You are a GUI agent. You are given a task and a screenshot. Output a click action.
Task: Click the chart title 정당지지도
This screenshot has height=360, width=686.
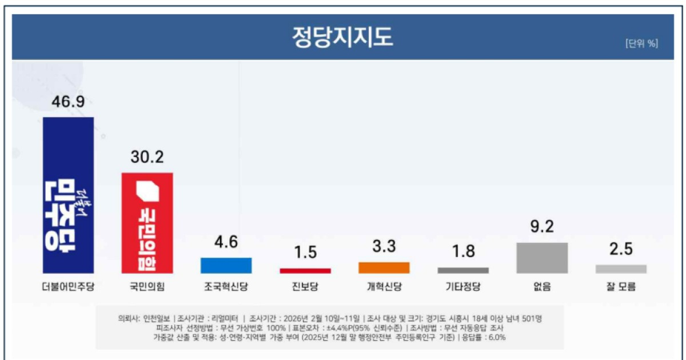point(342,38)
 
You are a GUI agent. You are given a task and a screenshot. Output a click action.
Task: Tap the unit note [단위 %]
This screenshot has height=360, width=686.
point(641,43)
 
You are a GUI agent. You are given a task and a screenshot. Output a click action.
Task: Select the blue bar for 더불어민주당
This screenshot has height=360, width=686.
point(68,195)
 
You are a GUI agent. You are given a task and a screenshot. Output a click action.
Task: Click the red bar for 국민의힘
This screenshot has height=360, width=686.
point(147,223)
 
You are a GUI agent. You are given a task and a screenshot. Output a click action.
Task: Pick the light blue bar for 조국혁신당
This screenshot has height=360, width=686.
point(226,266)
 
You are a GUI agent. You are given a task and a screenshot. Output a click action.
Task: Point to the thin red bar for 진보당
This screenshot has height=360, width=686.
point(305,270)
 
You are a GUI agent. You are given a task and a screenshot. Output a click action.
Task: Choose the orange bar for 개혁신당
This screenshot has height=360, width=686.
point(384,267)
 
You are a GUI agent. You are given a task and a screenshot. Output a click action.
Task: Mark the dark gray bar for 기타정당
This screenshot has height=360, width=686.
point(463,270)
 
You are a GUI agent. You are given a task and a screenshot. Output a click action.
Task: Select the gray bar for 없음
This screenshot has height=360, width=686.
point(542,258)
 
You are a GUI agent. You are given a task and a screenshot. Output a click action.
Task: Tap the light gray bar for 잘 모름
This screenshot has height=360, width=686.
point(621,269)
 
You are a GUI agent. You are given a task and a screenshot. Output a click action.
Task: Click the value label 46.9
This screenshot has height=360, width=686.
point(68,102)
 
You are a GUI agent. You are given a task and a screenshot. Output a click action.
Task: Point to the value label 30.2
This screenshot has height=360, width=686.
point(147,158)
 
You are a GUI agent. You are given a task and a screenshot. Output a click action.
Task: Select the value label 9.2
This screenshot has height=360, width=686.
point(542,227)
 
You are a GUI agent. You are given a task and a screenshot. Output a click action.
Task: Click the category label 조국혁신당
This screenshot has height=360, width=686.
point(226,287)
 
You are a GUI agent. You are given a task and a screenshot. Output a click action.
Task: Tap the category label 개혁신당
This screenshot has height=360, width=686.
point(384,287)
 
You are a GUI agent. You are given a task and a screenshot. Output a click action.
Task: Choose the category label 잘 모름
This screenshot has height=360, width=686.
point(621,287)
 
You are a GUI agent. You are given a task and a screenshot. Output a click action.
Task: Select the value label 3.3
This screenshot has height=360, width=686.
point(384,247)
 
